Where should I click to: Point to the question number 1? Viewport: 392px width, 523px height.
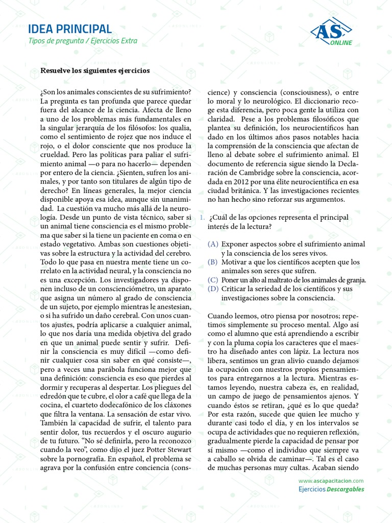[202, 218]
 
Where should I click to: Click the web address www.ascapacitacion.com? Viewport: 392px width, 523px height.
[331, 481]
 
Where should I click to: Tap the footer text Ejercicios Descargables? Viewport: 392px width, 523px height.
[331, 489]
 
